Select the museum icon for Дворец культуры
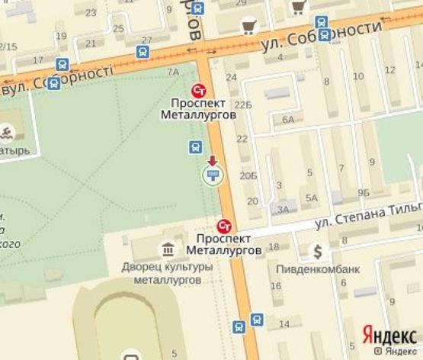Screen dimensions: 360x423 coord(167,248)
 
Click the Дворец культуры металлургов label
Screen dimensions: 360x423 coord(162,274)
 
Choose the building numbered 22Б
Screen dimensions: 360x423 coord(243,104)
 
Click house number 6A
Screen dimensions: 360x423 coord(287,120)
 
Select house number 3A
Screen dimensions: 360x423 coord(284,209)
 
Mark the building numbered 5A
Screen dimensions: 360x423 coord(311,198)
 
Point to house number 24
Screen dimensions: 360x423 coord(232,78)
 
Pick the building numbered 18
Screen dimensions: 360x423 coord(274,246)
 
